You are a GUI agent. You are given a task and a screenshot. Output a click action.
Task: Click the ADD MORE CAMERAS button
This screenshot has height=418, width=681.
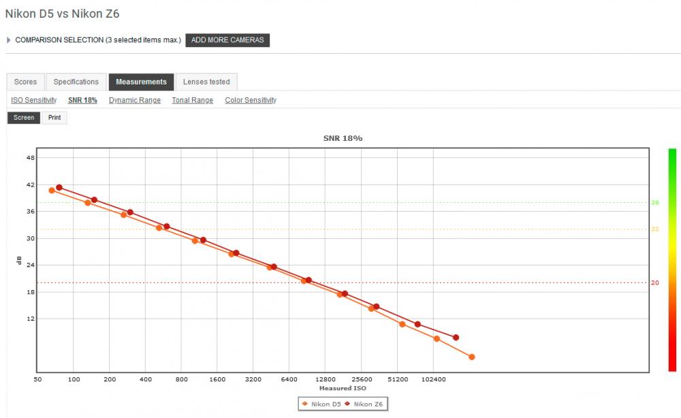tap(227, 40)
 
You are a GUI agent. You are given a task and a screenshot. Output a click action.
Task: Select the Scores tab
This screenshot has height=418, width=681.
tap(25, 82)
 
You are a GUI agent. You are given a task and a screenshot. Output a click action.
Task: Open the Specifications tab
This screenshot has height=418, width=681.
tap(76, 82)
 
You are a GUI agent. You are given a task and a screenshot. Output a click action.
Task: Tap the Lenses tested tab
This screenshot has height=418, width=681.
tap(206, 82)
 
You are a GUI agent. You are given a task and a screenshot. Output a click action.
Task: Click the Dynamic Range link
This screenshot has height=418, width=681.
tap(135, 100)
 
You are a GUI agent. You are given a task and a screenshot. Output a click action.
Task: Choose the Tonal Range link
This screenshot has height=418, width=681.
tap(193, 100)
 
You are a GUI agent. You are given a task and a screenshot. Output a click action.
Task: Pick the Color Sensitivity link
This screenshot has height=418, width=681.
tap(251, 100)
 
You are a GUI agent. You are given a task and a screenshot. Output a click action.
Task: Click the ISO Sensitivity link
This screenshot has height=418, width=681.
tap(34, 100)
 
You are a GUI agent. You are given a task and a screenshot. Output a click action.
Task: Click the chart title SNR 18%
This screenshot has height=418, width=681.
tap(343, 138)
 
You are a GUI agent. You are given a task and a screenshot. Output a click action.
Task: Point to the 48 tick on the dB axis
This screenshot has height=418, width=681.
tap(31, 157)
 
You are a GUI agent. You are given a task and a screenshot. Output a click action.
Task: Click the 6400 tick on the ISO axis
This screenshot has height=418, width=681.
tap(289, 379)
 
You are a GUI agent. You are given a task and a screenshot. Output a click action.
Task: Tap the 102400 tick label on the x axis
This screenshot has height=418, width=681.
tap(433, 379)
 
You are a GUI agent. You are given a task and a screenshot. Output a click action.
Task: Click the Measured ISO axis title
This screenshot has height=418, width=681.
tap(343, 388)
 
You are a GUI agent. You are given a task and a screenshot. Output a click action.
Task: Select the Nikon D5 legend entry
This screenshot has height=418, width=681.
tap(321, 404)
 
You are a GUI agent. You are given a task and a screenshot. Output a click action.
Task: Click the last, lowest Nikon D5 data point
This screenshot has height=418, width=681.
tap(472, 357)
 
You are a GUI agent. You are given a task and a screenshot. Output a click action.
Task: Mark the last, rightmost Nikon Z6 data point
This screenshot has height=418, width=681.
tap(456, 337)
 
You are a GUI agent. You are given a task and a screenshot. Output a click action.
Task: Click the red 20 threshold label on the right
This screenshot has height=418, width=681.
tap(654, 283)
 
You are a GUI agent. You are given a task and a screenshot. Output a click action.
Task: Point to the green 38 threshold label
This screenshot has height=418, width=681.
tap(654, 202)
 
